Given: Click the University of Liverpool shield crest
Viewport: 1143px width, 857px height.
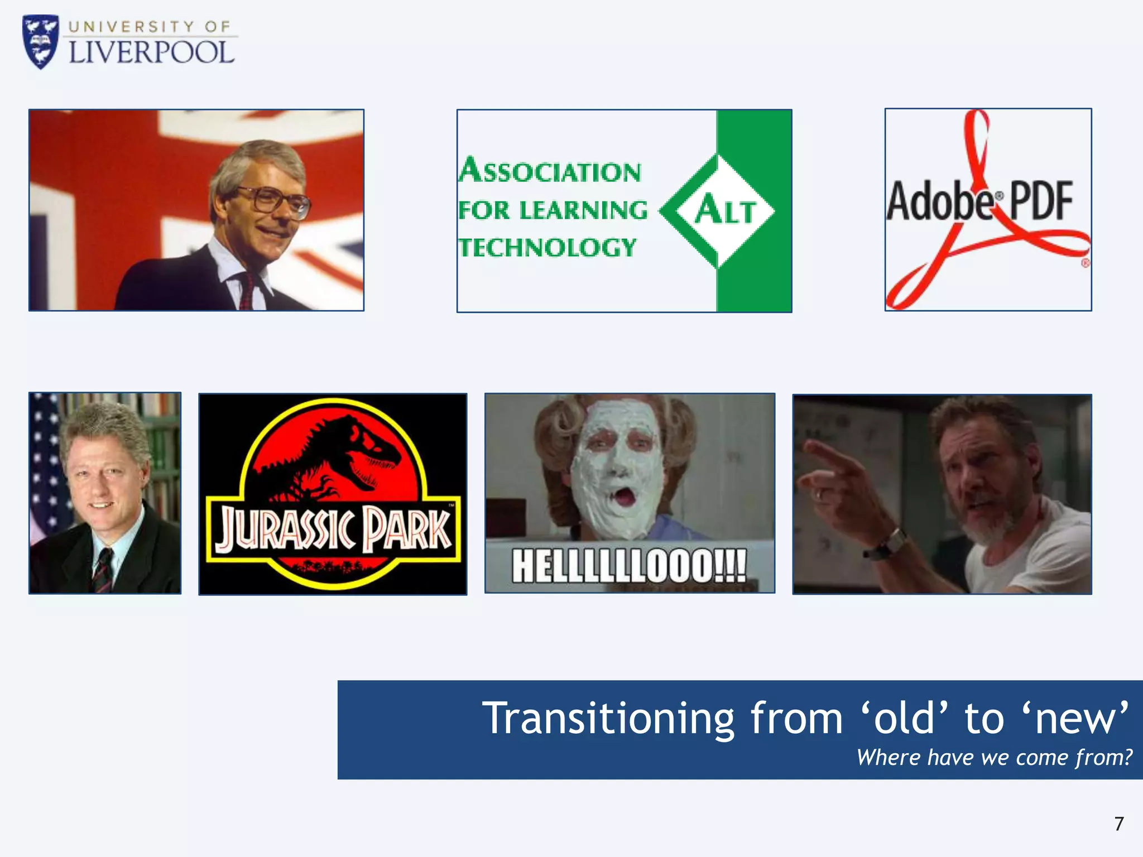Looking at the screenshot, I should point(40,42).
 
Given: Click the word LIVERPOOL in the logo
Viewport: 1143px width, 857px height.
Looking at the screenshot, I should point(151,53).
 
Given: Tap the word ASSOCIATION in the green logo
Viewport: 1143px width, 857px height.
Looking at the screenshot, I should point(550,171).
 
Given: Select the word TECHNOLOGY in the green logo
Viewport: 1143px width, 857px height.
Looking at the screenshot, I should point(547,248).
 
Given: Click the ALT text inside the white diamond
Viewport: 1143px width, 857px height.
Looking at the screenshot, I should point(725,211).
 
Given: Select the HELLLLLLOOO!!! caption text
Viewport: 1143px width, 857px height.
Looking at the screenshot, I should point(629,566).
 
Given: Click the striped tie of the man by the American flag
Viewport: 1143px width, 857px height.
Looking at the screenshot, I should point(103,569).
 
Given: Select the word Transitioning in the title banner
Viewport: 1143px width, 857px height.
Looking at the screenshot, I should point(608,719).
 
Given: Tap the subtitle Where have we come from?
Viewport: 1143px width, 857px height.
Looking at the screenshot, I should point(994,758).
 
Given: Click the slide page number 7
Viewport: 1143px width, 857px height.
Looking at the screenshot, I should point(1118,824).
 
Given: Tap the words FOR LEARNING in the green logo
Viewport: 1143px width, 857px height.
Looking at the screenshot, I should point(553,210).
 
